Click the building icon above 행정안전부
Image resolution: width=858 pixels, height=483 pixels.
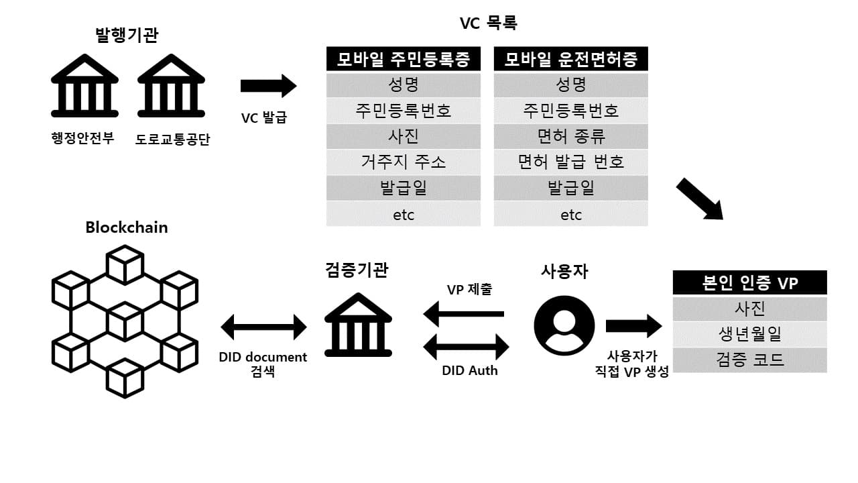[84, 86]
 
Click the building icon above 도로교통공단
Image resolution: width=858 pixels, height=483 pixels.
[171, 86]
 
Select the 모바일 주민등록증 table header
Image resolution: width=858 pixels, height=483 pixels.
[404, 59]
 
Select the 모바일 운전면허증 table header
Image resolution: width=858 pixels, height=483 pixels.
[571, 59]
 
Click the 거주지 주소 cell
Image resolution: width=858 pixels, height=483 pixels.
[404, 162]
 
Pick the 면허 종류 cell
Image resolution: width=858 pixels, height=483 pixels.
[571, 136]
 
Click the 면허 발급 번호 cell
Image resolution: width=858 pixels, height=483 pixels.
[571, 162]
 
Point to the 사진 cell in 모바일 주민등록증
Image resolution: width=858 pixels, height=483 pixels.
[404, 136]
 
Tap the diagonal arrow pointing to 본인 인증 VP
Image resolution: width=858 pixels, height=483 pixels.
[699, 199]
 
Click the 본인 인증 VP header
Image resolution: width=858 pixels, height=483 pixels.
[749, 282]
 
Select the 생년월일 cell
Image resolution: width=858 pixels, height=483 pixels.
[749, 334]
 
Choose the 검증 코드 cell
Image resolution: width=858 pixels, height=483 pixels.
[749, 360]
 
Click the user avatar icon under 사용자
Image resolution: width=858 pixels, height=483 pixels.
[564, 325]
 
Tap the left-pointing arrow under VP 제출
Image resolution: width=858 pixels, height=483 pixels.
[464, 313]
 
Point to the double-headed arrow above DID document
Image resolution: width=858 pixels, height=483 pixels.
[263, 327]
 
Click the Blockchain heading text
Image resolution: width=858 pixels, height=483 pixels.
[127, 227]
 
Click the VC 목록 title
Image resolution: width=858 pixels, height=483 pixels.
[488, 23]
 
